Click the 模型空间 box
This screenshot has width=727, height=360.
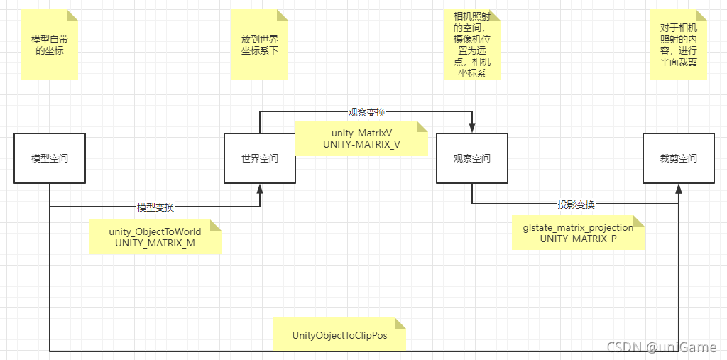50,158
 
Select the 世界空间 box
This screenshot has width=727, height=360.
260,158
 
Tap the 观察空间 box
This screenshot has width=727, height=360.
472,158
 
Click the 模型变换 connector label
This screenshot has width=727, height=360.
155,207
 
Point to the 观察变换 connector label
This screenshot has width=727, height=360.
366,112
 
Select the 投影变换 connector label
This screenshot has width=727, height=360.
576,204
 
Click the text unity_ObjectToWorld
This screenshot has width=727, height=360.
155,232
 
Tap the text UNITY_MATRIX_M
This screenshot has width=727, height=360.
155,244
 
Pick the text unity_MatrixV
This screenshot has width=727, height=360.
361,133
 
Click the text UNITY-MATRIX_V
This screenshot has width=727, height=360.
361,144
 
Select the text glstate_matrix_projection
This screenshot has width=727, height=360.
578,228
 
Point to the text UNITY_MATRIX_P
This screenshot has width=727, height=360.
578,239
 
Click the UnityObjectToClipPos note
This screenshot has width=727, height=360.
339,334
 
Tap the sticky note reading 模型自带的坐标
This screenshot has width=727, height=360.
48,45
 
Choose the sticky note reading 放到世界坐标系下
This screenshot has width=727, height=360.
260,45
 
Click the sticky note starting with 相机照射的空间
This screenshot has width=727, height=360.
472,45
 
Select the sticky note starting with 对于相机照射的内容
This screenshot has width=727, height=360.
678,45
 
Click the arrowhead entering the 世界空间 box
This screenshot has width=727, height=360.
260,188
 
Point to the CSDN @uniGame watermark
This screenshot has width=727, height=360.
662,347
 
